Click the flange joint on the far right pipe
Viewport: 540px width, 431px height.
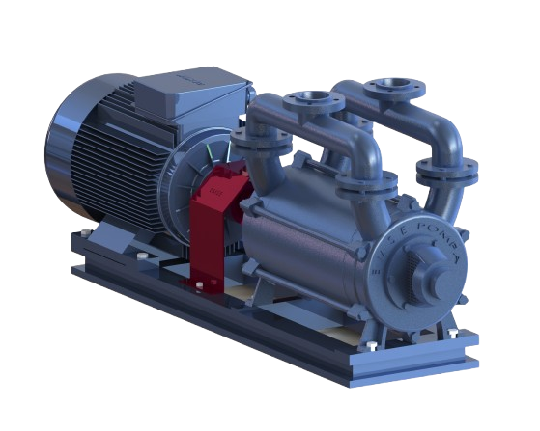(x=447, y=173)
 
